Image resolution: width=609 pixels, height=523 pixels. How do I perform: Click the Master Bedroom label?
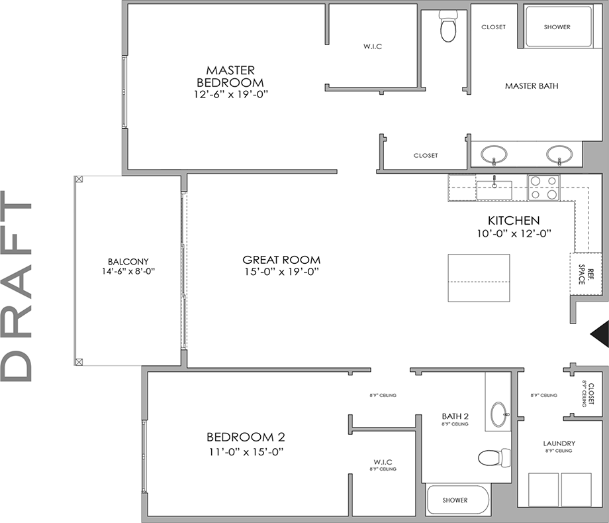230,76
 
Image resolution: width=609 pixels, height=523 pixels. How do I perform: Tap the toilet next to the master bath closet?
448,29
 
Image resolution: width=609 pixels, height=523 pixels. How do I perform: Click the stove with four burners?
543,188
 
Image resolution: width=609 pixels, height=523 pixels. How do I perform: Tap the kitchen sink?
494,190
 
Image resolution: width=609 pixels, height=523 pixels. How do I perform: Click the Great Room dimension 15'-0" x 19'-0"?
281,272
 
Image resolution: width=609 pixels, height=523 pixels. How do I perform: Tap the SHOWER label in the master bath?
557,27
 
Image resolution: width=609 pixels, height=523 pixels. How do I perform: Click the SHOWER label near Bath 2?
455,500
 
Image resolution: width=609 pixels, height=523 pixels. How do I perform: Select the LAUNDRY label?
559,443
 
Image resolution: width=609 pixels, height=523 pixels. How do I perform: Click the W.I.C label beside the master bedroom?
373,46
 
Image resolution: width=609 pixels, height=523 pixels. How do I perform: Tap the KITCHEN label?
514,220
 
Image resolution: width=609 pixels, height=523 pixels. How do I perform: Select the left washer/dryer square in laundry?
543,489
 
